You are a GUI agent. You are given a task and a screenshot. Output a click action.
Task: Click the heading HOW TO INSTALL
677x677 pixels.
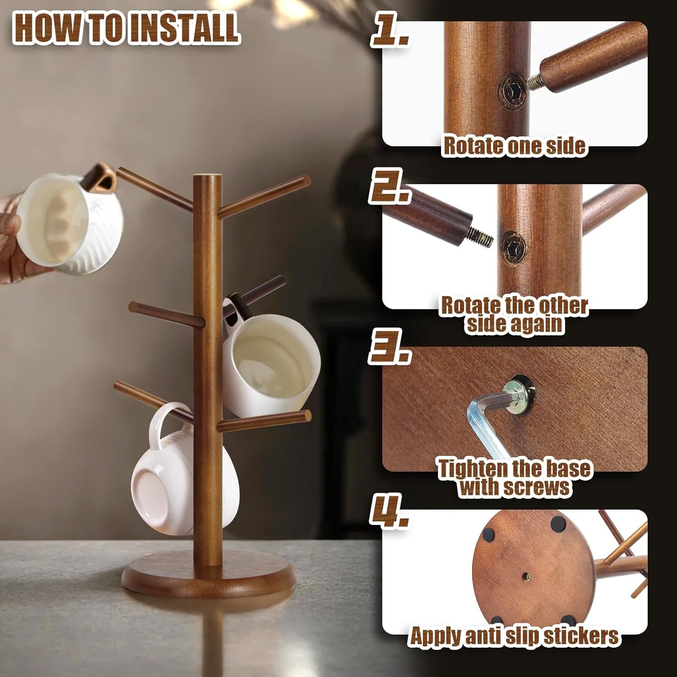(126, 28)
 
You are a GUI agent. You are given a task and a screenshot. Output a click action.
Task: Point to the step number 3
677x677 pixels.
(390, 348)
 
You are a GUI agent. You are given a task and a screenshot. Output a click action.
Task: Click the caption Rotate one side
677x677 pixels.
(514, 145)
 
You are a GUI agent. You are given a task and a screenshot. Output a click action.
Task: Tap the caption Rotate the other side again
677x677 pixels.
(514, 315)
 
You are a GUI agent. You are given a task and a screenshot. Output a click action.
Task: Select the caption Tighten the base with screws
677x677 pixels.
(514, 478)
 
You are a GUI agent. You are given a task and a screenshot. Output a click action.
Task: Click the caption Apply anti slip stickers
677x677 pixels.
(514, 636)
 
